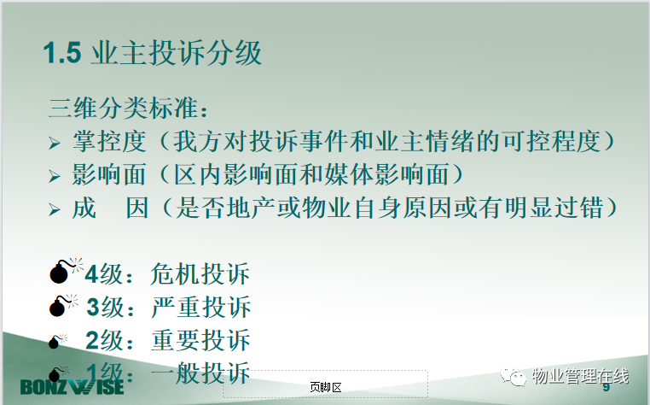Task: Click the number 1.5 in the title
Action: (62, 53)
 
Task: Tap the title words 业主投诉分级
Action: (177, 53)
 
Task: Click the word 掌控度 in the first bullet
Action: (109, 141)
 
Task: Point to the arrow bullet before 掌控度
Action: (55, 144)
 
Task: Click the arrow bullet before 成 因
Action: (55, 209)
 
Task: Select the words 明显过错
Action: (554, 208)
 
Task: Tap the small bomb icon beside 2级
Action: (57, 341)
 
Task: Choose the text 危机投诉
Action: (200, 273)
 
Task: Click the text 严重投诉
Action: (201, 307)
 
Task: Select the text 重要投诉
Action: (200, 340)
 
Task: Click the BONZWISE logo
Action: (72, 387)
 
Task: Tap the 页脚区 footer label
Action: (326, 388)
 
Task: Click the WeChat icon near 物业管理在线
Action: (513, 375)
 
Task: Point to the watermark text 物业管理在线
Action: (580, 376)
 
